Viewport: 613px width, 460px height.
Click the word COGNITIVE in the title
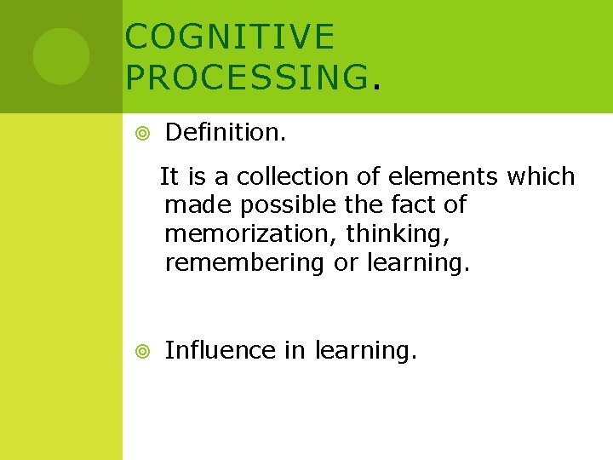(230, 37)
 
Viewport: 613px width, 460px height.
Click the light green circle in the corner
(61, 56)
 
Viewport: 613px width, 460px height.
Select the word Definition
(225, 132)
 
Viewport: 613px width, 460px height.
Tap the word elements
(444, 177)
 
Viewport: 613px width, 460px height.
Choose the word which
(541, 177)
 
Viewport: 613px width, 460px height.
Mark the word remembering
(244, 263)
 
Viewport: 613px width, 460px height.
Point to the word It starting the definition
(169, 177)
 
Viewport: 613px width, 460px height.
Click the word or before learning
(346, 263)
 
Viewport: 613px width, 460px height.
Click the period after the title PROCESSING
(375, 85)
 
